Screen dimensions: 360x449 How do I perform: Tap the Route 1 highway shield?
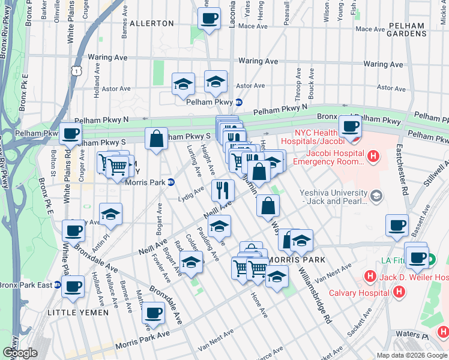click(76, 71)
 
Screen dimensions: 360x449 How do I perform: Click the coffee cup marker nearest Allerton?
click(208, 19)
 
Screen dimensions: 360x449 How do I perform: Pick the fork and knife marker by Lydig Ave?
click(223, 190)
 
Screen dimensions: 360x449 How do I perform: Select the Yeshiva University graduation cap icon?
click(376, 196)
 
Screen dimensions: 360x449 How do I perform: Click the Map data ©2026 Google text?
click(411, 355)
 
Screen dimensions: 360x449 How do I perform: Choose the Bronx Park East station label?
click(28, 284)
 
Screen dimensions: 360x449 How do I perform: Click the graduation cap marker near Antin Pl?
click(110, 215)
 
